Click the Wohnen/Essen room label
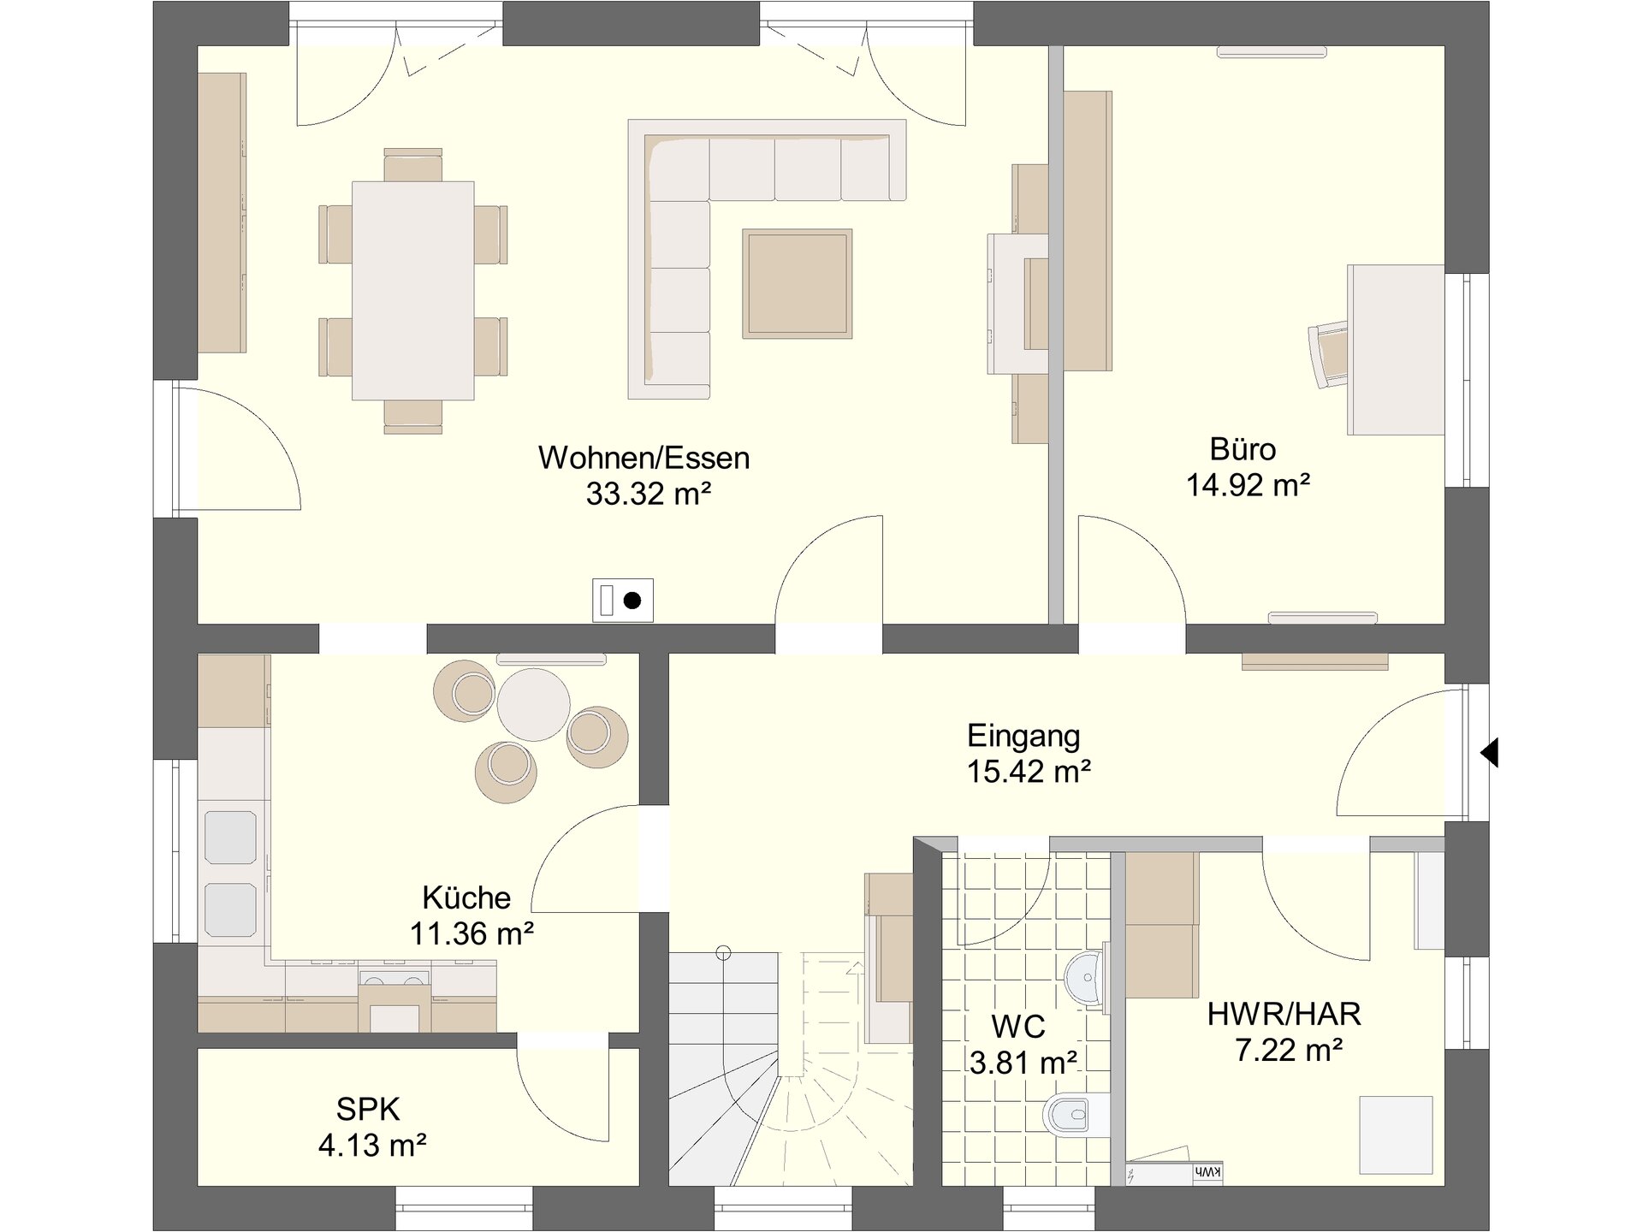[x=644, y=458]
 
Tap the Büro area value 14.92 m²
[x=1248, y=485]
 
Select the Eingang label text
[x=1023, y=736]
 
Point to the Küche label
[x=466, y=897]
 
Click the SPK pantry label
[x=368, y=1110]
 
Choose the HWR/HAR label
[x=1284, y=1015]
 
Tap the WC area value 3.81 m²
[x=1023, y=1063]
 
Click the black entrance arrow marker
[x=1490, y=753]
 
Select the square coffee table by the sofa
[x=797, y=283]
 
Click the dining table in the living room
[x=412, y=290]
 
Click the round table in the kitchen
[x=533, y=704]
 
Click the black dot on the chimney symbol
[x=632, y=601]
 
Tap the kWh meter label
[x=1206, y=1172]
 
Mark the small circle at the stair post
[x=723, y=951]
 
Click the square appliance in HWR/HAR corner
[x=1397, y=1134]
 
